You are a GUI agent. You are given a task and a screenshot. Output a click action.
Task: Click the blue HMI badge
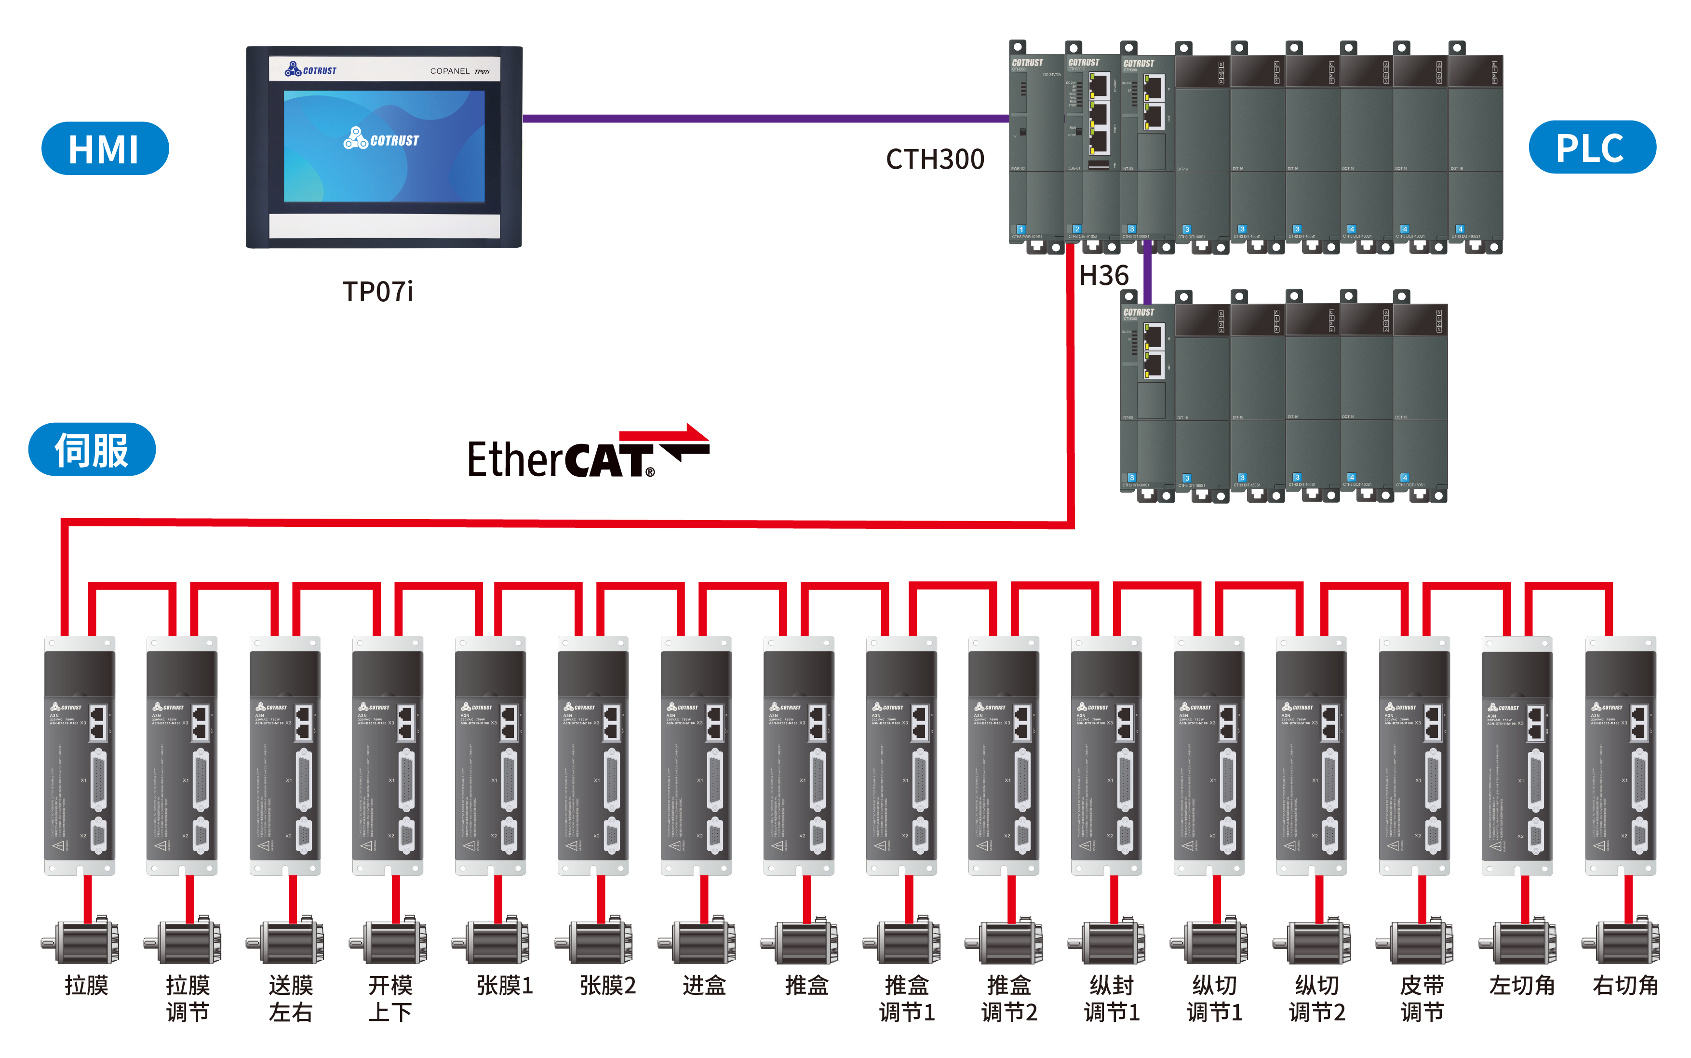tap(105, 148)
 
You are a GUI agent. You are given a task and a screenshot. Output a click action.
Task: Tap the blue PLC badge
tap(1592, 147)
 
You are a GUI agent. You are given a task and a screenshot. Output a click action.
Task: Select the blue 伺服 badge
tap(92, 449)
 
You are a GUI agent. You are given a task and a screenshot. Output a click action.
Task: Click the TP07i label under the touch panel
tap(378, 292)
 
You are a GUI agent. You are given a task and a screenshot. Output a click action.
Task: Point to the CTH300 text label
tap(935, 160)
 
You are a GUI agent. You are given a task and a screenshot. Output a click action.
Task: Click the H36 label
tap(1103, 276)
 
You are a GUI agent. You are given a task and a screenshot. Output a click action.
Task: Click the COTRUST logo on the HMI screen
tap(381, 139)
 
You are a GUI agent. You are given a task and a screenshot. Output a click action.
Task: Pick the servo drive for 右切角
tap(1620, 756)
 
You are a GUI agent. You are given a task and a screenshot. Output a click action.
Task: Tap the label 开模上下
tap(390, 999)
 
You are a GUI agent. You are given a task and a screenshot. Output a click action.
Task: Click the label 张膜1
tap(504, 985)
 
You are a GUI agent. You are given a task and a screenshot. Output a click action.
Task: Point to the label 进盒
tap(704, 985)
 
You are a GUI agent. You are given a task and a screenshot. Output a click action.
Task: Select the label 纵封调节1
tap(1111, 999)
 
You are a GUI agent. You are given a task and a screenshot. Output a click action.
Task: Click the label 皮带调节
tap(1421, 999)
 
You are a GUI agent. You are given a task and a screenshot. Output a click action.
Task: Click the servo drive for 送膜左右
tap(285, 756)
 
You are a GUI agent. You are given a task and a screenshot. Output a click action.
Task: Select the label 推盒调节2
tap(1009, 999)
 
